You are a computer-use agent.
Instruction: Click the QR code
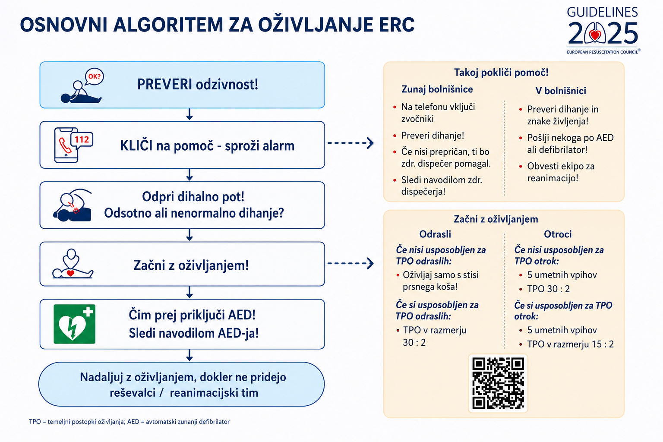[498, 383]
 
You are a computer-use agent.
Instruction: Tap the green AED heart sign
[74, 324]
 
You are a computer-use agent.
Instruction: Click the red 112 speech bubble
[82, 139]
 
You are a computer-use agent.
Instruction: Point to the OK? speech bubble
[94, 77]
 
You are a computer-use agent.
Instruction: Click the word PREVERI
[164, 84]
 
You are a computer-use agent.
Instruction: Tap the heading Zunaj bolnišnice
[437, 89]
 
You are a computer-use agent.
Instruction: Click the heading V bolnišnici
[561, 91]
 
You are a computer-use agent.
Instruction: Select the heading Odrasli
[435, 234]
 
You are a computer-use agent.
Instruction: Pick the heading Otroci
[558, 234]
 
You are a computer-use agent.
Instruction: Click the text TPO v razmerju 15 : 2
[570, 344]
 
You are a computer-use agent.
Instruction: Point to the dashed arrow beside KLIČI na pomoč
[350, 143]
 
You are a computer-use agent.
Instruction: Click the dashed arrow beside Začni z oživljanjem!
[350, 263]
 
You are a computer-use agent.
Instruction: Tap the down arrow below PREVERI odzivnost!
[189, 114]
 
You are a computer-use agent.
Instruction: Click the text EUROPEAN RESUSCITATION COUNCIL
[602, 52]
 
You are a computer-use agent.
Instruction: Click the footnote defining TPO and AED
[129, 422]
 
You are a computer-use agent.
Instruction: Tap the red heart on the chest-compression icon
[70, 273]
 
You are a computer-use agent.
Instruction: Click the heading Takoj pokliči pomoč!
[501, 72]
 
